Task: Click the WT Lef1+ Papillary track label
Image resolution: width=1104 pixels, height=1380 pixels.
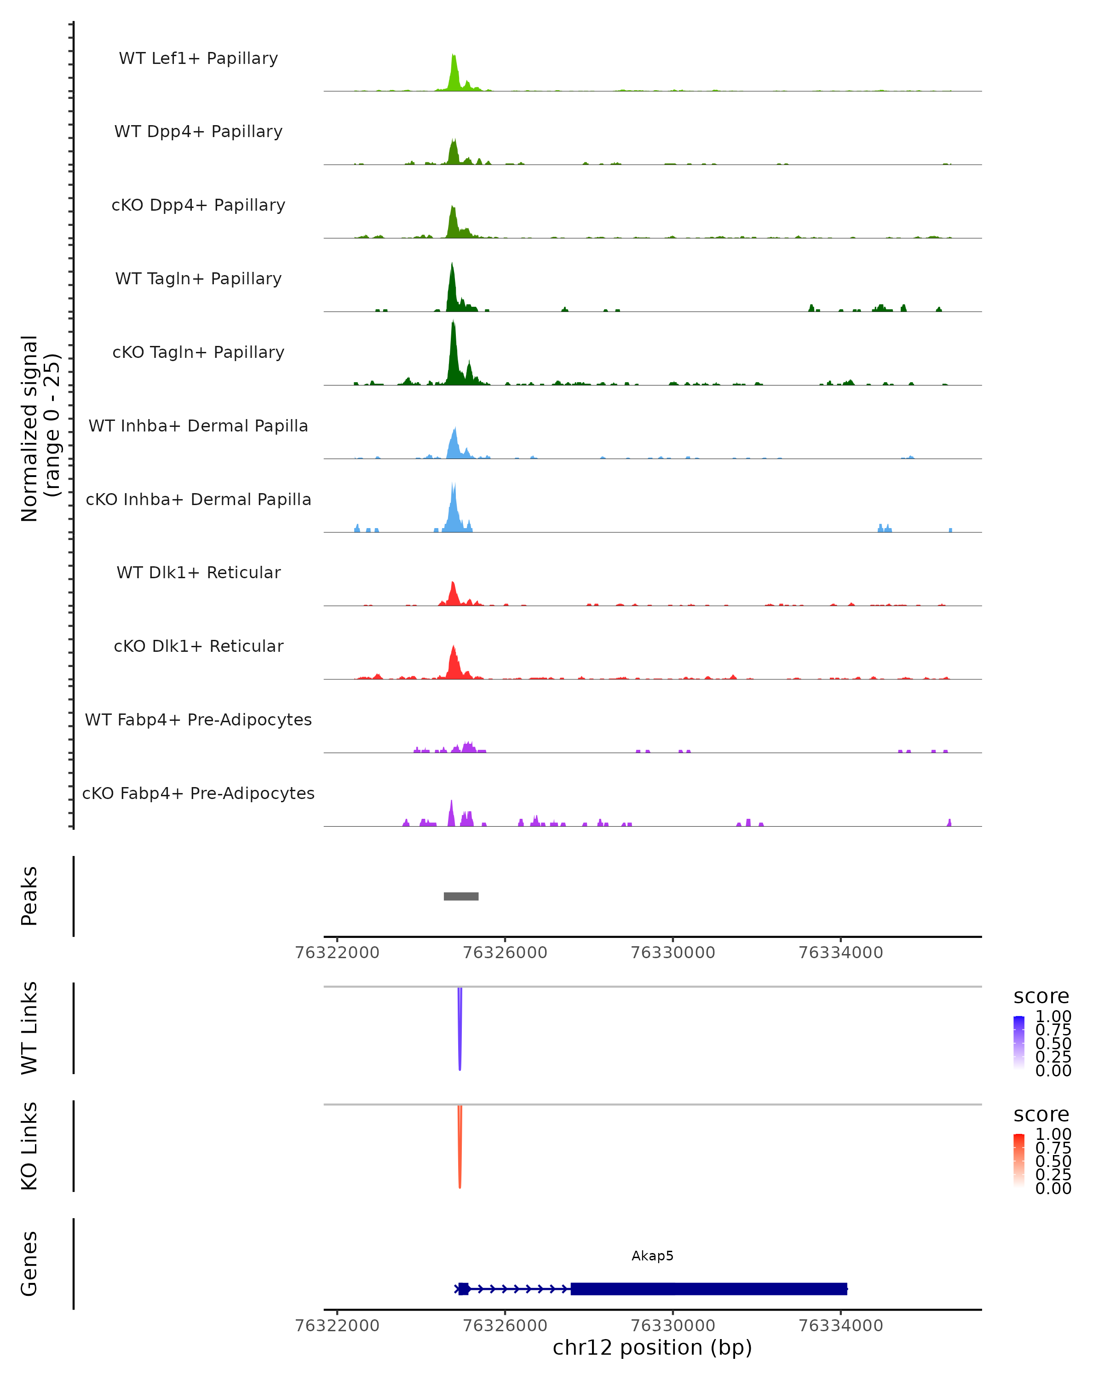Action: point(198,58)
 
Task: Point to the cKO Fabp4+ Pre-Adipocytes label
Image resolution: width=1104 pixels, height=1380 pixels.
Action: point(198,793)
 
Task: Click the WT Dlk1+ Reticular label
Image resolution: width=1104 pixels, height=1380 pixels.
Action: point(198,572)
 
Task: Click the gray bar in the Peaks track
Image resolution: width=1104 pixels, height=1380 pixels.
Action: point(461,896)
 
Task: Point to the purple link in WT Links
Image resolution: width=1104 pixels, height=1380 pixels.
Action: point(460,1030)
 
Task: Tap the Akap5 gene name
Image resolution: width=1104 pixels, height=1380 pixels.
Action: point(652,1256)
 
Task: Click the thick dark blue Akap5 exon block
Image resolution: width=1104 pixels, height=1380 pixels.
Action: point(708,1289)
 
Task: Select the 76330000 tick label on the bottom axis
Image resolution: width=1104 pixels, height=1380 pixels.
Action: point(673,1326)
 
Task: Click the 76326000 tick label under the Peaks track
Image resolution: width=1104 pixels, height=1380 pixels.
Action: point(505,953)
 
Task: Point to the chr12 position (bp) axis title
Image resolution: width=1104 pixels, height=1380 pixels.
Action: point(652,1348)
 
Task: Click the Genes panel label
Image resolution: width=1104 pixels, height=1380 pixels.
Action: point(29,1264)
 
